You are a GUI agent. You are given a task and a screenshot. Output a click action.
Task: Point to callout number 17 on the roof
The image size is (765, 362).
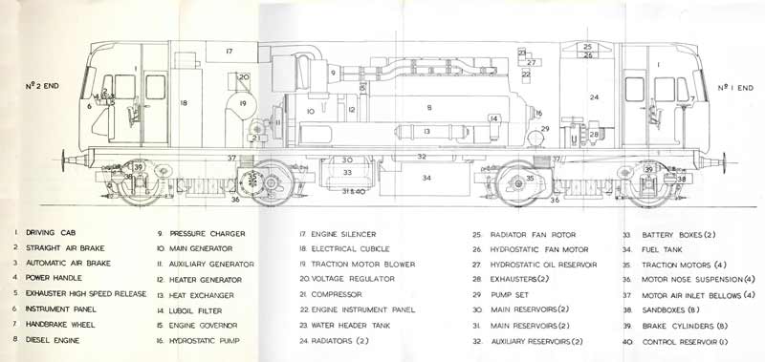click(x=229, y=50)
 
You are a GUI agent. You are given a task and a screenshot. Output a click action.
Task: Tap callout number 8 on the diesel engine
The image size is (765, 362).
click(x=429, y=107)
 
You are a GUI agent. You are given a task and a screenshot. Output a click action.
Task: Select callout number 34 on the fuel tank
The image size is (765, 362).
click(x=426, y=178)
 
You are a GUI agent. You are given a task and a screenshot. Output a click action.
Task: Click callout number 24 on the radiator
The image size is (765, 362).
click(x=594, y=97)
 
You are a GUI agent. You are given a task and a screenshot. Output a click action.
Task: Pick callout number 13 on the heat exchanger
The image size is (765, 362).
click(x=426, y=131)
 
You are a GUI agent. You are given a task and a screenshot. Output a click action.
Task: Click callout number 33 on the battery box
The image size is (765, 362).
click(x=348, y=172)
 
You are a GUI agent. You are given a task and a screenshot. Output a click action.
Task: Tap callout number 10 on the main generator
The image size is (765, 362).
click(x=310, y=111)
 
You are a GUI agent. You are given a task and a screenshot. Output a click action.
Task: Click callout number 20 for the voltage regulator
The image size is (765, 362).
click(x=244, y=76)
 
